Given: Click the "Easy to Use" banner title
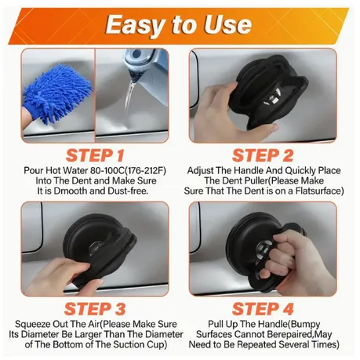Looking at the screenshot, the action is coord(179,24).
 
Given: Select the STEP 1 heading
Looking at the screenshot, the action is coord(95,155).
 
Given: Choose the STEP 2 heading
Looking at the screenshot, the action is coord(263,155).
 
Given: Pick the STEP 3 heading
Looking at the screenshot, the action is coord(95,309).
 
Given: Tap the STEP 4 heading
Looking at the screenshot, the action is coord(263,309).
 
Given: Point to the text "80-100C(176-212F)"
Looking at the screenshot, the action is coord(128,170).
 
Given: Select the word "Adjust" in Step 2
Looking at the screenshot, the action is coord(201,171).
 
